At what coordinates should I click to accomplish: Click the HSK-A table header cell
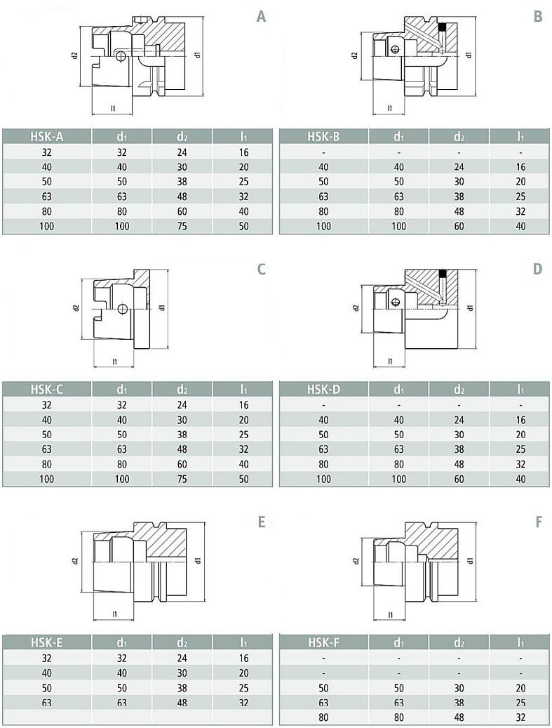[x=47, y=136]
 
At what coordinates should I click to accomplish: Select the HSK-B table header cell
[x=323, y=136]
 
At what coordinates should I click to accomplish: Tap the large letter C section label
[x=261, y=269]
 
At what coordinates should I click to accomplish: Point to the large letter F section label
[x=538, y=522]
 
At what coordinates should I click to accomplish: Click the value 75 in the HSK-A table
[x=182, y=226]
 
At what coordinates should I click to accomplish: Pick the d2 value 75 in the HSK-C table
[x=182, y=479]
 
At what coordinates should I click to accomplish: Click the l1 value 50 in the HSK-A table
[x=243, y=226]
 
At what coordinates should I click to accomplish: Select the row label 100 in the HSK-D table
[x=323, y=479]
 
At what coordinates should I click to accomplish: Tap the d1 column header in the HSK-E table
[x=121, y=642]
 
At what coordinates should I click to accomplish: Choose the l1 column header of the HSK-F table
[x=520, y=642]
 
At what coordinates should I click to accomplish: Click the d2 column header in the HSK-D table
[x=459, y=390]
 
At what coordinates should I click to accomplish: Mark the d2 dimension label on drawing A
[x=74, y=55]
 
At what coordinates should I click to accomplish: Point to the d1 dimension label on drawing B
[x=469, y=54]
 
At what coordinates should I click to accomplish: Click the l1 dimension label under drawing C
[x=114, y=362]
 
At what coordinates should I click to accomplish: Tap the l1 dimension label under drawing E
[x=114, y=614]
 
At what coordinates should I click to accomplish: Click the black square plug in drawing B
[x=442, y=27]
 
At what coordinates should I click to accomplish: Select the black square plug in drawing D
[x=442, y=274]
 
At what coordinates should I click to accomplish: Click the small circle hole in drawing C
[x=121, y=309]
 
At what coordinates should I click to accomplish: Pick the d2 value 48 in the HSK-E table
[x=182, y=703]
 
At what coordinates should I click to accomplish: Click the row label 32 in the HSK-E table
[x=46, y=658]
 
